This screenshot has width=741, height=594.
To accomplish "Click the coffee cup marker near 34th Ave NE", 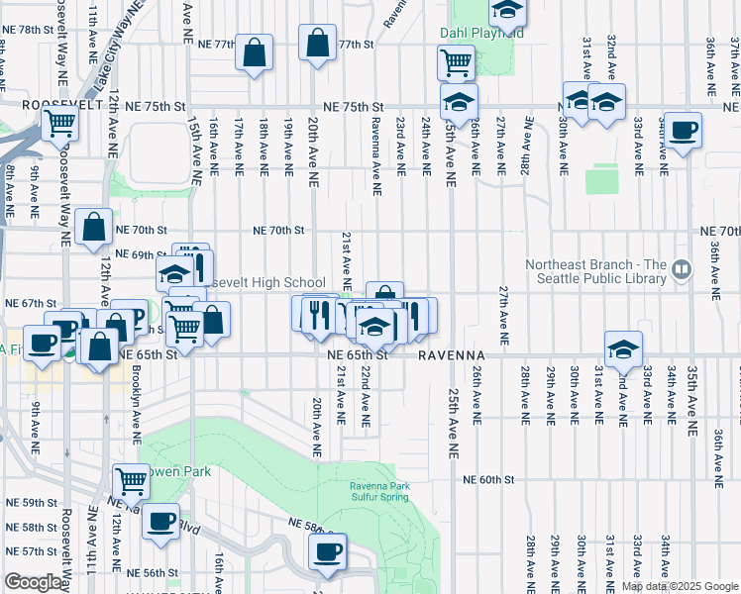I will pyautogui.click(x=682, y=130).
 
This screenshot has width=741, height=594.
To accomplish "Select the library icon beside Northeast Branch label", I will pyautogui.click(x=681, y=267).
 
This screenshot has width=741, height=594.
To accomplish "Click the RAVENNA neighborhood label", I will pyautogui.click(x=450, y=354).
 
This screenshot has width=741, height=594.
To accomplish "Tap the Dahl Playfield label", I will pyautogui.click(x=481, y=32).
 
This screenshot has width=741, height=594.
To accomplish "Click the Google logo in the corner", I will pyautogui.click(x=33, y=582).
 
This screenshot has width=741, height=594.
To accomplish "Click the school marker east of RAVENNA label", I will pyautogui.click(x=623, y=348).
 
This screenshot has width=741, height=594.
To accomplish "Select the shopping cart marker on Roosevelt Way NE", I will pyautogui.click(x=59, y=125).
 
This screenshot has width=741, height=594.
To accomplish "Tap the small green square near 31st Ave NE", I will pyautogui.click(x=601, y=180).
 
